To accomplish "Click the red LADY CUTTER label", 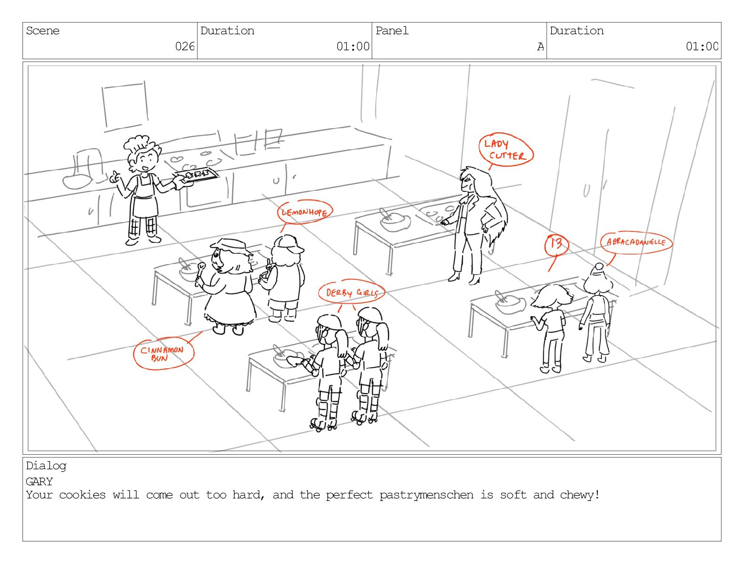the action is [x=506, y=149].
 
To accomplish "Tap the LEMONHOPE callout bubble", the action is [x=304, y=212].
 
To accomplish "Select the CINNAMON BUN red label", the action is [x=162, y=354].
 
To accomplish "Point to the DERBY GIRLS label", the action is [x=352, y=293].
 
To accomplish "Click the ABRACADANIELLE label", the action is [x=636, y=242].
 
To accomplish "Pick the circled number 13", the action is [x=556, y=244].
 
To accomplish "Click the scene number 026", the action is [x=184, y=46].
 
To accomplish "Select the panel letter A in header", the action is [x=540, y=47].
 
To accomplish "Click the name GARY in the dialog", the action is [x=40, y=482].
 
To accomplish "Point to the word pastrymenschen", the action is [x=399, y=495].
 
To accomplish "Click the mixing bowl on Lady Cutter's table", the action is [x=395, y=221].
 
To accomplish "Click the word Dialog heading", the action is [x=46, y=466].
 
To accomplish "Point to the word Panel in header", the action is [x=392, y=31].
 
